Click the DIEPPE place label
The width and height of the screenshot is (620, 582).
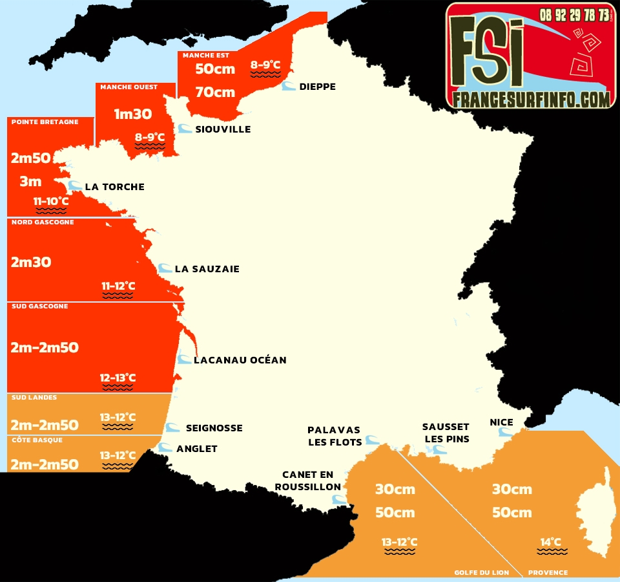(x=317, y=87)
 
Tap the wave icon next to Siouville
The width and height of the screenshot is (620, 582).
(x=185, y=129)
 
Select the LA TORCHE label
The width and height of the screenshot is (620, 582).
(x=114, y=187)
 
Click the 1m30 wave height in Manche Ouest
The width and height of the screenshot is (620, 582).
(x=132, y=114)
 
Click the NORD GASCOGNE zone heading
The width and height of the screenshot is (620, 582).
(x=43, y=222)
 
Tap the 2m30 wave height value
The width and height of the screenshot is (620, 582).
(x=31, y=263)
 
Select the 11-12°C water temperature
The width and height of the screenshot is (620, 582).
(x=118, y=286)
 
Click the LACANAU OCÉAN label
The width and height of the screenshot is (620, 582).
(x=240, y=360)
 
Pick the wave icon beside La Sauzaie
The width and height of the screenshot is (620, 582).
(x=165, y=268)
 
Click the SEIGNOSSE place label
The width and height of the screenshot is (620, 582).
(x=214, y=428)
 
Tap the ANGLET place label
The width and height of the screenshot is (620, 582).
(x=197, y=449)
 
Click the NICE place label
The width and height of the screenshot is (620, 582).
(x=501, y=422)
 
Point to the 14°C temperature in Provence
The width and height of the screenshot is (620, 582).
(x=551, y=542)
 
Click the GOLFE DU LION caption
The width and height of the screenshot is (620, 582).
(x=481, y=572)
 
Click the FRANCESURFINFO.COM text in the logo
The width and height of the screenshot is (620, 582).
(x=531, y=99)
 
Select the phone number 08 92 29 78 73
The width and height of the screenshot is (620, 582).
(x=574, y=15)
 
